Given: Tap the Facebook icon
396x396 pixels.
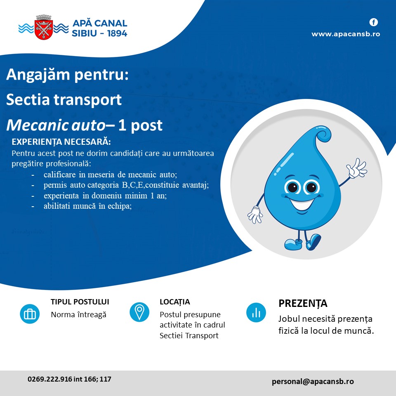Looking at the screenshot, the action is (x=374, y=22).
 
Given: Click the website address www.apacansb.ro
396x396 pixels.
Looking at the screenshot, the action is (x=346, y=34).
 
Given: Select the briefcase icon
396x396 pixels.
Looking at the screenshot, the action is (x=30, y=314).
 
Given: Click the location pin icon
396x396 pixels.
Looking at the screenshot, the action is (x=139, y=312).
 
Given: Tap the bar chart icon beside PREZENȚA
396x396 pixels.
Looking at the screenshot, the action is (x=256, y=312).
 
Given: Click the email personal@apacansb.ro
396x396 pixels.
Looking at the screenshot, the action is (x=313, y=381).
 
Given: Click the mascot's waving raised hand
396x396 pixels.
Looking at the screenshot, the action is (x=356, y=168).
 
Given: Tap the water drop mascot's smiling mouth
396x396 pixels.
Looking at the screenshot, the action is (x=302, y=203).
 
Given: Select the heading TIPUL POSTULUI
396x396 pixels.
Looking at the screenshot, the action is (x=80, y=302).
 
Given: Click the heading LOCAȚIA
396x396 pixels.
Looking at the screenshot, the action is (x=175, y=302).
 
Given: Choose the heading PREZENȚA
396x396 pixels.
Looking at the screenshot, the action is (x=303, y=304).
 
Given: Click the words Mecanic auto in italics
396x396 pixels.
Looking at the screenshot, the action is (x=56, y=125).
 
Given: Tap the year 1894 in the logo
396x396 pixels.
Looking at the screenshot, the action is (x=117, y=33).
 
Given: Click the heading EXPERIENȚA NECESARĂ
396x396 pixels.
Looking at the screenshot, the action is (x=61, y=141).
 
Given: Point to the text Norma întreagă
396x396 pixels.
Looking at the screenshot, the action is (x=78, y=315).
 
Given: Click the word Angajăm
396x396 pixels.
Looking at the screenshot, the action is (x=38, y=75).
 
